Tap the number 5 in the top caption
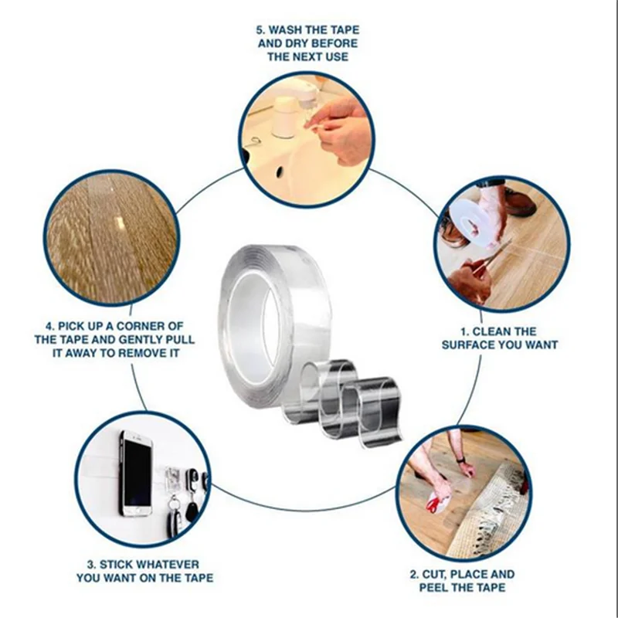click(260, 30)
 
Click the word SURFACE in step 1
click(468, 345)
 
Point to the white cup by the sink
click(284, 117)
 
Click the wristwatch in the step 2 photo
click(460, 460)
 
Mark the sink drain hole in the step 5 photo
click(280, 170)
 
